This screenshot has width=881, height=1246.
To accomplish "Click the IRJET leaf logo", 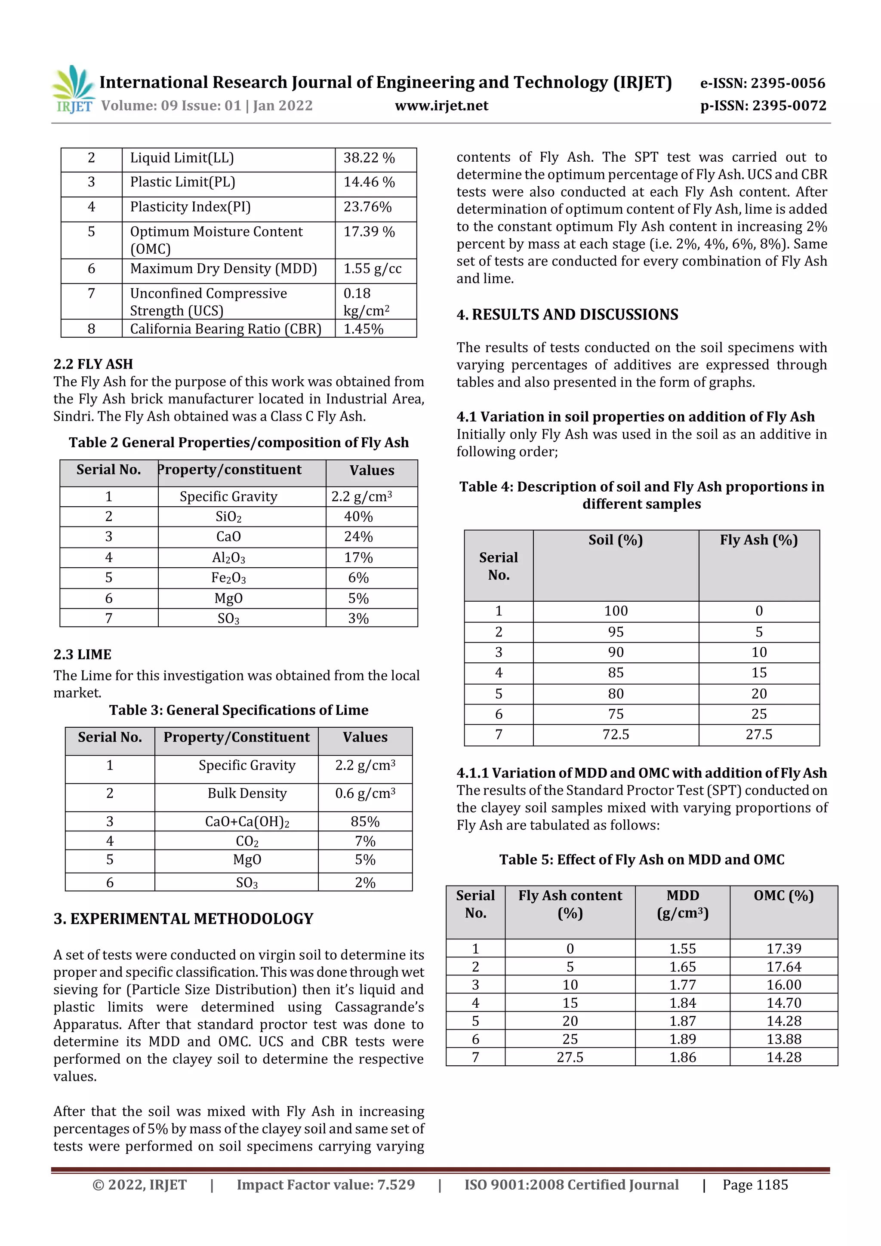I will [x=73, y=87].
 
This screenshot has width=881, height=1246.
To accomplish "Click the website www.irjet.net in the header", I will [x=441, y=106].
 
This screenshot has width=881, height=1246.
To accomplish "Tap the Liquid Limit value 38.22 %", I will [x=369, y=158].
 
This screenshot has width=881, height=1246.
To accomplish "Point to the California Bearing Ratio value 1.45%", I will [x=363, y=329].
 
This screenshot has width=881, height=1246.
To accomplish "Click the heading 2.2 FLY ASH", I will [x=93, y=364].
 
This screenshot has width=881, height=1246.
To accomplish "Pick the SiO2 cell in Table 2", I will [x=228, y=517].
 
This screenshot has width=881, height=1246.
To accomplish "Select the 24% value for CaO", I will [x=358, y=537].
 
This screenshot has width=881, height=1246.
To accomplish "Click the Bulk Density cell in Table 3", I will [x=247, y=794].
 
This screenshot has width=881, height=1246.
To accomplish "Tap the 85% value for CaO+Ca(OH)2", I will [x=365, y=821].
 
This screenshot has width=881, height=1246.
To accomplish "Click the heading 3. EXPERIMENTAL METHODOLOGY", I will [x=184, y=919].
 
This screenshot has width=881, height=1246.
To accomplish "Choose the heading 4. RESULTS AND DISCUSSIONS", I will [x=567, y=315].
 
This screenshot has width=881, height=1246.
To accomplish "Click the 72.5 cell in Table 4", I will [x=616, y=735].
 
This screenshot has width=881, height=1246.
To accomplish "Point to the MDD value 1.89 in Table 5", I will [x=682, y=1039].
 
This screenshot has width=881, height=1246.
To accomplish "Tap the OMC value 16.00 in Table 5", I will [x=783, y=985].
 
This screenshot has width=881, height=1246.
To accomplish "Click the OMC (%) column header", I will [x=783, y=896].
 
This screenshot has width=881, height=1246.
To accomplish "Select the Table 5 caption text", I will [x=642, y=860].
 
